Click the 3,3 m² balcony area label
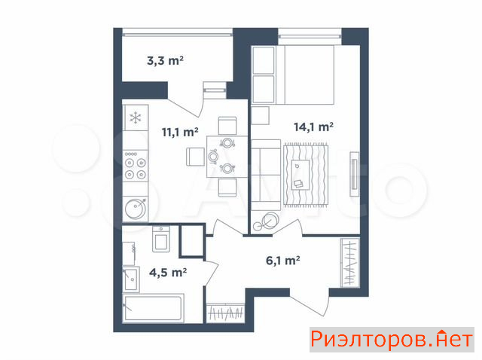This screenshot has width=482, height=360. [x=165, y=60]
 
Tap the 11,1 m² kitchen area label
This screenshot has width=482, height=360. [x=180, y=133]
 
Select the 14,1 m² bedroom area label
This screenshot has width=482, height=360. [x=313, y=127]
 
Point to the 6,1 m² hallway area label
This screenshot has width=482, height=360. [x=283, y=261]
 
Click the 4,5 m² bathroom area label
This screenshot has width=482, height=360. [x=168, y=273]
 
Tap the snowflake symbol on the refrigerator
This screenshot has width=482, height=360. [x=136, y=117]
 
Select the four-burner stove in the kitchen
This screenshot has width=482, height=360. [x=136, y=166]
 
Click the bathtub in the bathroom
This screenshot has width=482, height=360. [x=154, y=308]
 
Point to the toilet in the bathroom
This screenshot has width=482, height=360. [x=160, y=239]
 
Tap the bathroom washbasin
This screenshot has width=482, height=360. [x=131, y=279]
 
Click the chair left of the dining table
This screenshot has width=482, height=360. [x=195, y=157]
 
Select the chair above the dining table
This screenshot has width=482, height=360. [x=227, y=126]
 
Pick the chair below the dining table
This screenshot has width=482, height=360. [x=227, y=188]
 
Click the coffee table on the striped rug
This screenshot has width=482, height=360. [x=300, y=175]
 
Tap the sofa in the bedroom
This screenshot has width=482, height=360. [x=266, y=175]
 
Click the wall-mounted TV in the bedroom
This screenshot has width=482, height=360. [x=355, y=174]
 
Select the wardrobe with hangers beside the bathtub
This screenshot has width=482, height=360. [x=226, y=313]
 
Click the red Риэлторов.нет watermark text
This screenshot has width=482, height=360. [x=392, y=340]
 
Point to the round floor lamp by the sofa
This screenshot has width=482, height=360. [x=270, y=221]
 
